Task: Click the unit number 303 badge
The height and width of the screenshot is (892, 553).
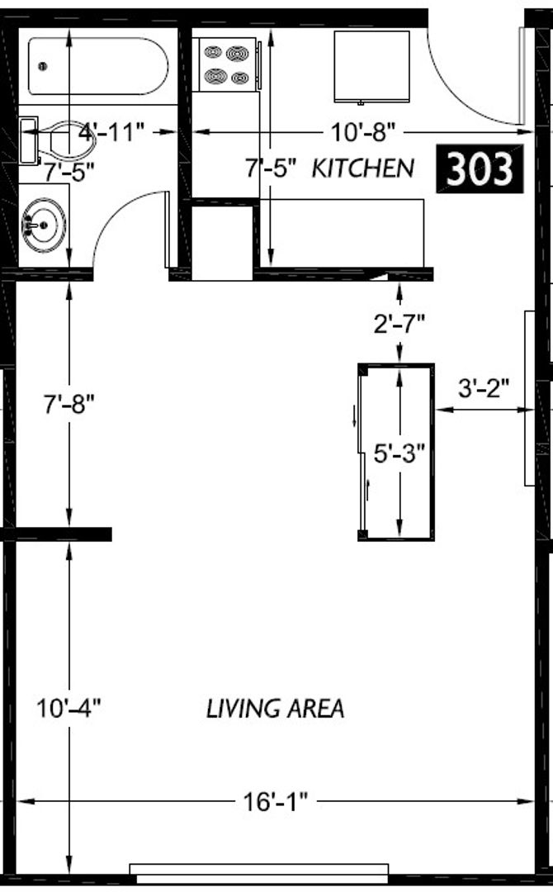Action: (x=480, y=168)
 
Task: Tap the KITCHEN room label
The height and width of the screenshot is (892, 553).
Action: (x=362, y=168)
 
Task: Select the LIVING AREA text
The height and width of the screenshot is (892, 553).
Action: (x=275, y=709)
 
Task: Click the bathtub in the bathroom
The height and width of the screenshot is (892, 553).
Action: (x=98, y=66)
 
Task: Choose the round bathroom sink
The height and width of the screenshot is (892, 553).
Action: (x=43, y=223)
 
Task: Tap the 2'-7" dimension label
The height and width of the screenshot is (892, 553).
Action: (x=399, y=323)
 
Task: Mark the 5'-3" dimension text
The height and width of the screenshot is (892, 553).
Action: (x=399, y=453)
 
